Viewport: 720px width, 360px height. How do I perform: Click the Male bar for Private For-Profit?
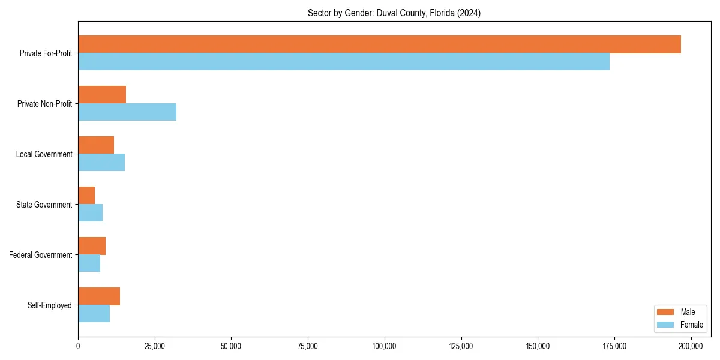pyautogui.click(x=379, y=44)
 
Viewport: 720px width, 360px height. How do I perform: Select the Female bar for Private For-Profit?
pyautogui.click(x=344, y=62)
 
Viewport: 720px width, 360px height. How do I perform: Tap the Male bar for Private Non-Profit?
pyautogui.click(x=102, y=95)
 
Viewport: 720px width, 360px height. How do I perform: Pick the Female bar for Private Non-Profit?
pyautogui.click(x=127, y=112)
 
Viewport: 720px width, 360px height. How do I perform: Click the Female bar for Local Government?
pyautogui.click(x=101, y=163)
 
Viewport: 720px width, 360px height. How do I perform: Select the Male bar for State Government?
pyautogui.click(x=86, y=195)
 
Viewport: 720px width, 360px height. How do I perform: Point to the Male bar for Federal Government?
pyautogui.click(x=92, y=245)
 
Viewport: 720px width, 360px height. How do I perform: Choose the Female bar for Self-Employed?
pyautogui.click(x=94, y=313)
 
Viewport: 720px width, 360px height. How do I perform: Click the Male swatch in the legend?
pyautogui.click(x=666, y=312)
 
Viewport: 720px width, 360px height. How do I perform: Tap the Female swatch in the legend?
pyautogui.click(x=666, y=325)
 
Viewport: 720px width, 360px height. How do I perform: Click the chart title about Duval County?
pyautogui.click(x=394, y=13)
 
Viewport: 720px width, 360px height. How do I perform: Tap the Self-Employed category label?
pyautogui.click(x=50, y=305)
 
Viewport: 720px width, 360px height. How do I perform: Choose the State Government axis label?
pyautogui.click(x=44, y=205)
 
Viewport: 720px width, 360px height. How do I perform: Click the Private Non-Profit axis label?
pyautogui.click(x=44, y=104)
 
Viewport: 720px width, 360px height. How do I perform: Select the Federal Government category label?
pyautogui.click(x=41, y=255)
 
